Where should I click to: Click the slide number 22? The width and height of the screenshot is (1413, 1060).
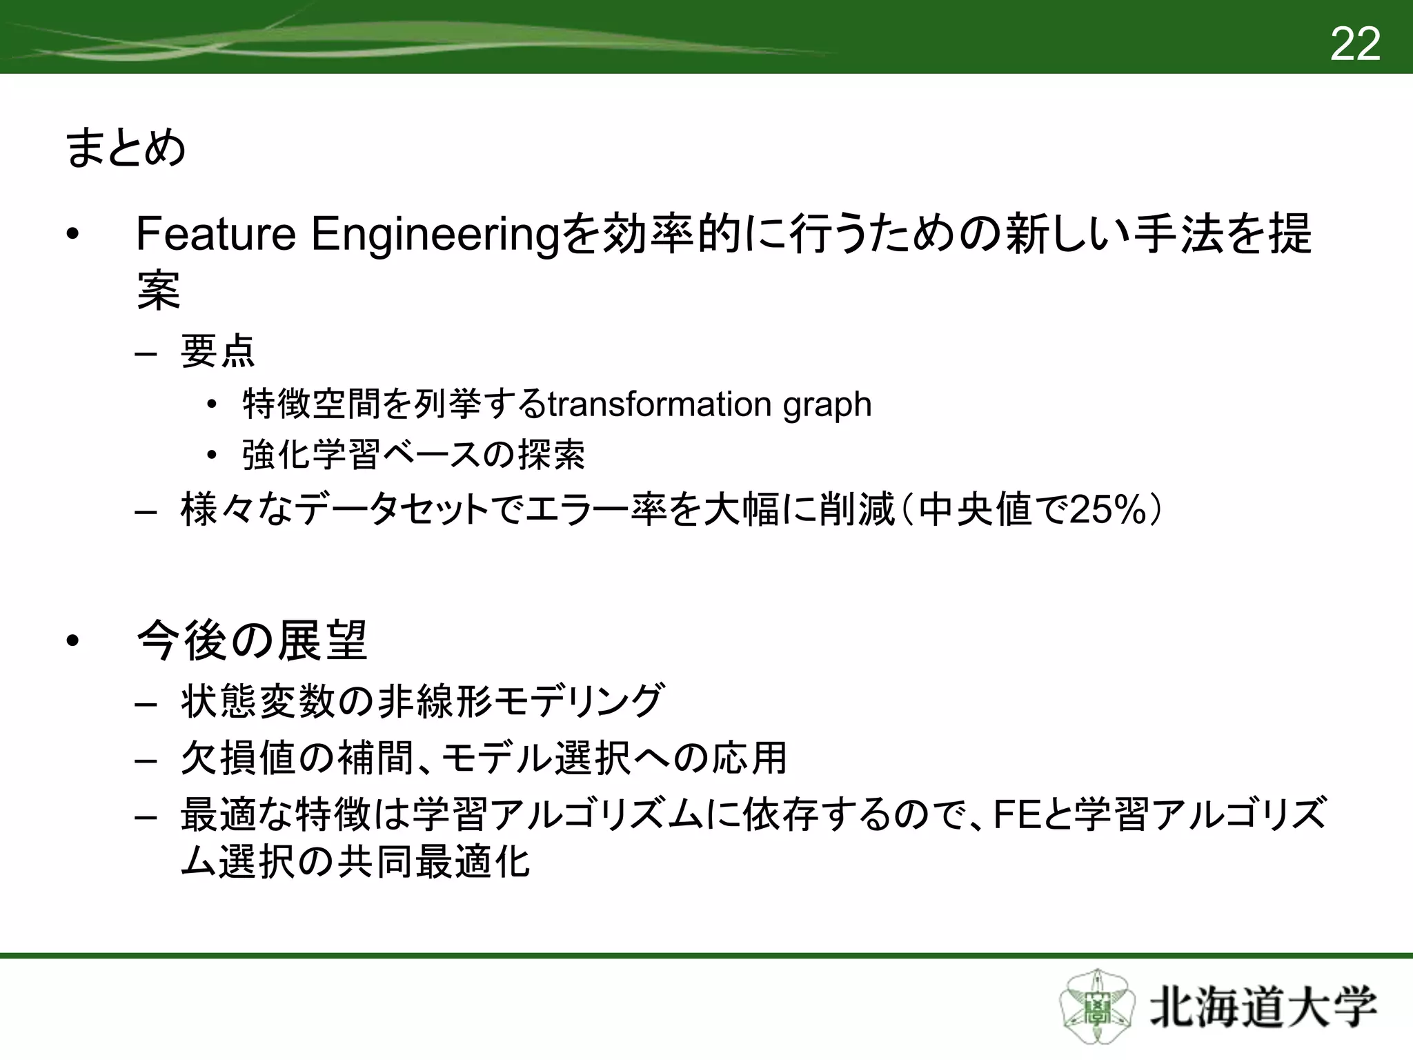point(1354,44)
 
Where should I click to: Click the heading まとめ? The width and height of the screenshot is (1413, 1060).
point(126,148)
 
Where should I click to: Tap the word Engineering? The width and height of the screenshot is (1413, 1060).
point(434,235)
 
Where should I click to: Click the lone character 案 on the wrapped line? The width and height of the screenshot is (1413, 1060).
point(159,291)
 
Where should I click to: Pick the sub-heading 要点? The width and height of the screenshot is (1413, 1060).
point(217,351)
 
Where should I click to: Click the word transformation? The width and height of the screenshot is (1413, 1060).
point(659,404)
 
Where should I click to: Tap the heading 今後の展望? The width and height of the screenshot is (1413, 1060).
point(252,641)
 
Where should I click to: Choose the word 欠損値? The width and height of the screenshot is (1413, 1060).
point(239,758)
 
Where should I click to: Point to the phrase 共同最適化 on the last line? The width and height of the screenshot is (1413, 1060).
point(433,862)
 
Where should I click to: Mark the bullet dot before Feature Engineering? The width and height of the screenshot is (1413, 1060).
point(73,235)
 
